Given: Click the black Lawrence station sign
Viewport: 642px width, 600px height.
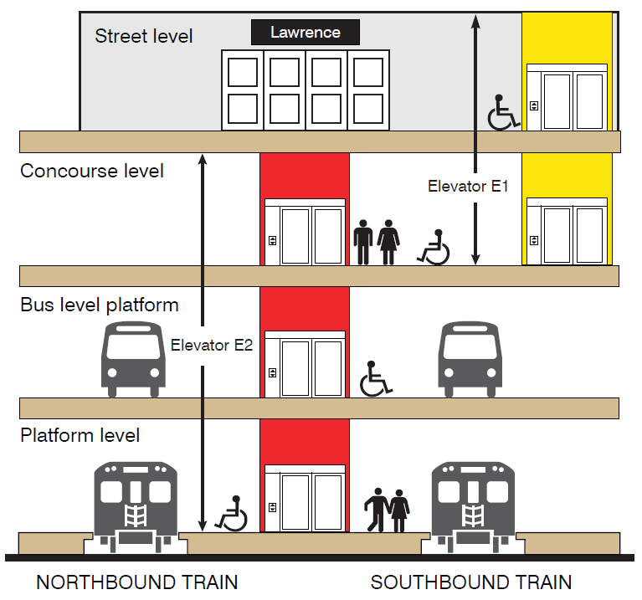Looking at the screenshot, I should [x=306, y=33].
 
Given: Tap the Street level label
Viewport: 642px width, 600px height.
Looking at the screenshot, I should [x=143, y=36].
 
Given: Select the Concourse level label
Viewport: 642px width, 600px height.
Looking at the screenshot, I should [x=92, y=171].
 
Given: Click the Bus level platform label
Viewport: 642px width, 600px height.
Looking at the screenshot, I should [x=99, y=305].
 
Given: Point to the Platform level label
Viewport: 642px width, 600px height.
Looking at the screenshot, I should [x=80, y=435].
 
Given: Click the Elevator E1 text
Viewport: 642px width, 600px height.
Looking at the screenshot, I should [x=468, y=187].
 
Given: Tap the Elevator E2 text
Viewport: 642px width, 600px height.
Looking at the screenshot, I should [x=212, y=344].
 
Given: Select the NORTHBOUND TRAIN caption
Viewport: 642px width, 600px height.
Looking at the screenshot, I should [x=137, y=582].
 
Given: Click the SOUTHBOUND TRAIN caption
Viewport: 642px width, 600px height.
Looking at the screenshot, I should [x=471, y=582].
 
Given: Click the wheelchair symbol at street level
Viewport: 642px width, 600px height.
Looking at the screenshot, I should [x=503, y=112].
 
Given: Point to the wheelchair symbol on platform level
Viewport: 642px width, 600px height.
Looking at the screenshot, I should [x=232, y=513].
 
